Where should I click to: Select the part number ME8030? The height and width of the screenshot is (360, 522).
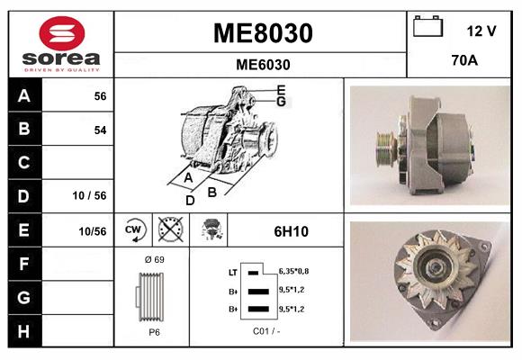pos(262,33)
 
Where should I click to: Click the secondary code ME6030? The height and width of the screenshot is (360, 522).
pos(262,64)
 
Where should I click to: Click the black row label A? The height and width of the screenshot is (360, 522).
pos(24,95)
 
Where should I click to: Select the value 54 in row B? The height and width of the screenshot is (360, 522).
pos(100,130)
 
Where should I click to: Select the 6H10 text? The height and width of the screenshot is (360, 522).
pos(291,231)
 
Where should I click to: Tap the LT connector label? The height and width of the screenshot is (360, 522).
pos(232,271)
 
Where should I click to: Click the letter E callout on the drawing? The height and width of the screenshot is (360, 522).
pos(281,89)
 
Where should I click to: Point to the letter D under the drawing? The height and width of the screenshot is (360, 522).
pos(190,200)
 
